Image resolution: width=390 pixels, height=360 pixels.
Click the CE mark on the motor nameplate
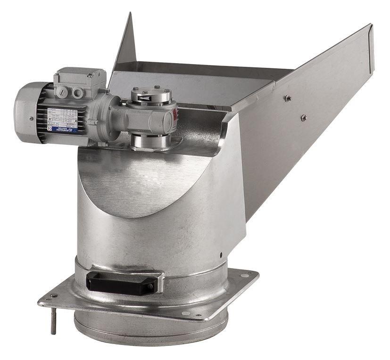pyautogui.click(x=50, y=129)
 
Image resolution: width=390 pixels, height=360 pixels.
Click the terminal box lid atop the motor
pyautogui.click(x=80, y=75)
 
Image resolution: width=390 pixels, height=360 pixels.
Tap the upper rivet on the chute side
pyautogui.click(x=287, y=98)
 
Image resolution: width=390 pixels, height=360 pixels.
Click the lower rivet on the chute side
pyautogui.click(x=303, y=117)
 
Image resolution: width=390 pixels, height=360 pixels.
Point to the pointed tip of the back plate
pyautogui.click(x=130, y=16)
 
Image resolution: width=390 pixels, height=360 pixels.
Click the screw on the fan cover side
pyautogui.click(x=31, y=119)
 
